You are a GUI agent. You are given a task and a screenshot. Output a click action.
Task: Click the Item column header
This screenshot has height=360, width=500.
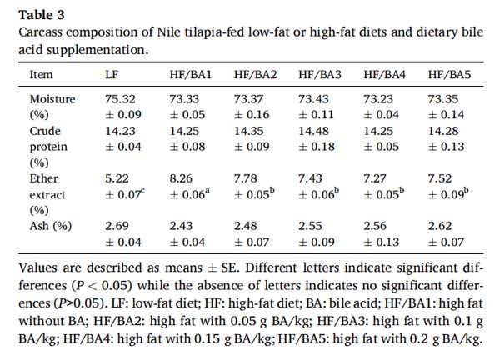pos(41,74)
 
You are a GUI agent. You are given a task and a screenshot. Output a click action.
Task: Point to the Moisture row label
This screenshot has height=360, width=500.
pos(52,98)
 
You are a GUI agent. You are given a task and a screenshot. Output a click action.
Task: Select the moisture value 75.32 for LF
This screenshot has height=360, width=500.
pos(120,98)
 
